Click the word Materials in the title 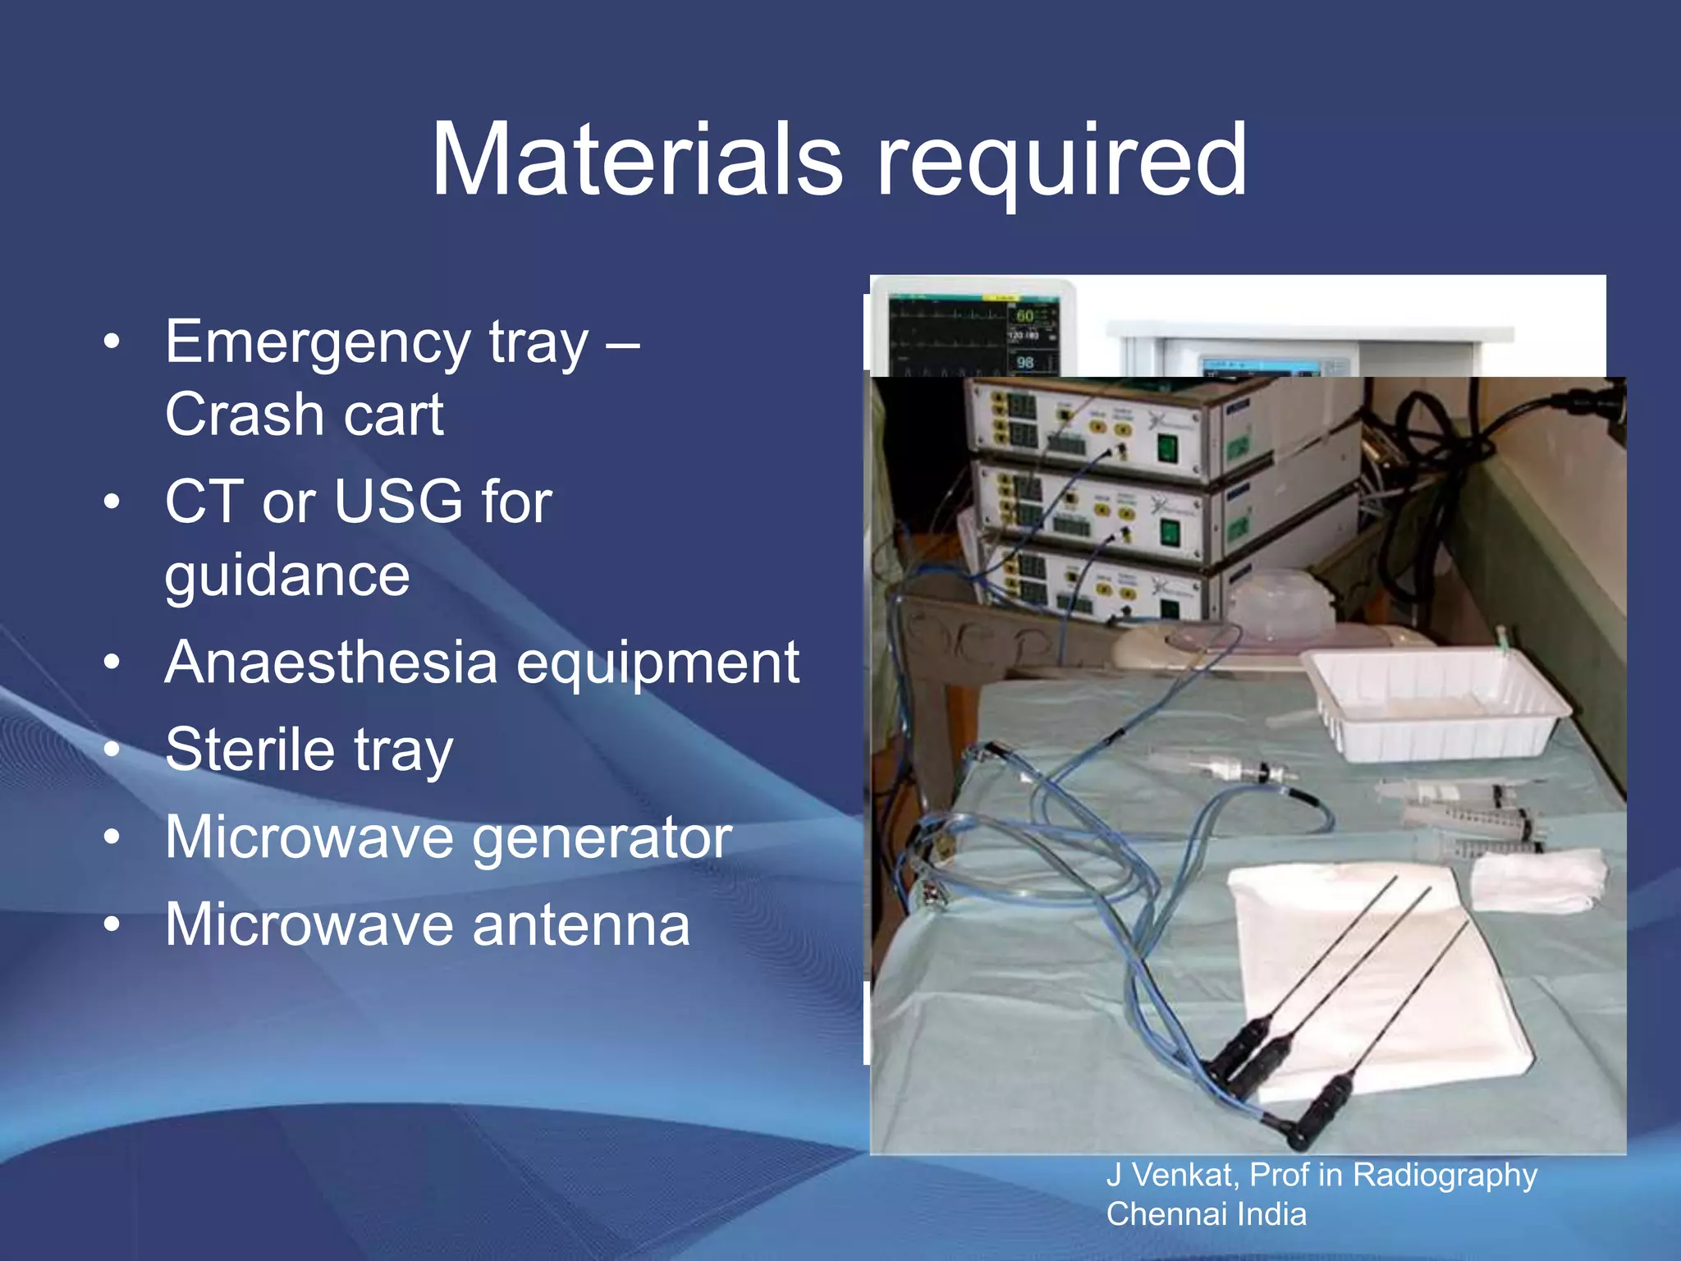pyautogui.click(x=637, y=159)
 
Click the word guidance pyautogui.click(x=287, y=576)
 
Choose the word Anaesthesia pyautogui.click(x=332, y=662)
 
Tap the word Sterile pyautogui.click(x=250, y=749)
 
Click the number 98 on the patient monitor pyautogui.click(x=1025, y=362)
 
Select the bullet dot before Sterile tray pyautogui.click(x=112, y=749)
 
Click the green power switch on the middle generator pyautogui.click(x=1169, y=534)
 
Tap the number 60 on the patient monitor pyautogui.click(x=1025, y=316)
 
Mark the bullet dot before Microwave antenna pyautogui.click(x=112, y=924)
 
